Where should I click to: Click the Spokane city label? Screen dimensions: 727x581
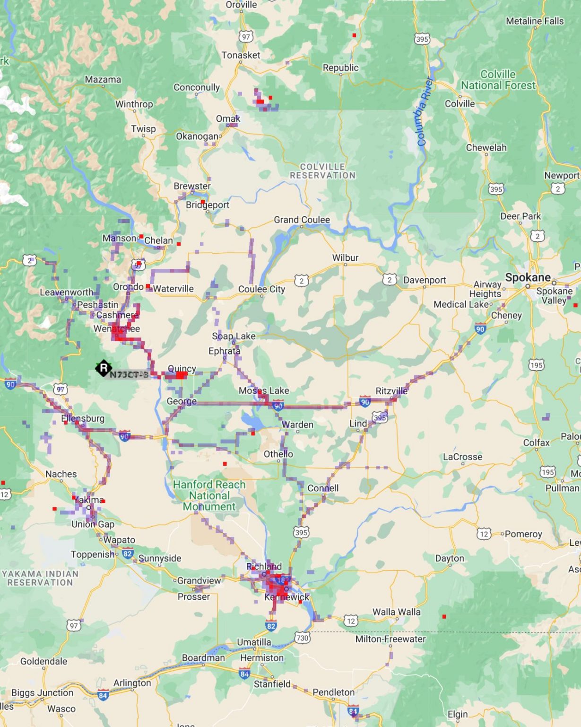(x=528, y=277)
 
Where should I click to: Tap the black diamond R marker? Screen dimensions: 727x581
(x=104, y=368)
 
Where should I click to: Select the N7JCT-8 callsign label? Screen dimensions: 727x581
(x=129, y=375)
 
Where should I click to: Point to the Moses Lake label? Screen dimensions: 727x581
(x=264, y=390)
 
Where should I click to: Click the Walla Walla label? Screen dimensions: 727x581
(x=396, y=612)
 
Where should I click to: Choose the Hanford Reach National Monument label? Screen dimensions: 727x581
(x=209, y=496)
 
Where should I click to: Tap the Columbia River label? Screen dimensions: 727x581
(x=425, y=112)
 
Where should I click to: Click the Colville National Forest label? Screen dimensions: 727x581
(x=498, y=80)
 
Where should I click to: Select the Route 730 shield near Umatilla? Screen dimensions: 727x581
(x=302, y=638)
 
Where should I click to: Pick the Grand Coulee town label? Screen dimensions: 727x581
(x=302, y=220)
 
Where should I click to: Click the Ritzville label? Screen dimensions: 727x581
(x=391, y=391)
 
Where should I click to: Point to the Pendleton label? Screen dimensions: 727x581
(x=333, y=692)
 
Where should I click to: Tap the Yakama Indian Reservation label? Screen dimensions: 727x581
(x=40, y=578)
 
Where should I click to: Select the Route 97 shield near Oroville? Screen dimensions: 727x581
(x=246, y=37)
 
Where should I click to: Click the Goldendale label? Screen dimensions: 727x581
(x=43, y=661)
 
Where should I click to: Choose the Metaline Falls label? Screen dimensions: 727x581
(x=535, y=21)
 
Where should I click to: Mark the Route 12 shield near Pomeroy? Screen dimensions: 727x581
(x=484, y=534)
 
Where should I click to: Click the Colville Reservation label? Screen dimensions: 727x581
(x=322, y=171)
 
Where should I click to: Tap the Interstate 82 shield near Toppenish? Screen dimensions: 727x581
(x=127, y=553)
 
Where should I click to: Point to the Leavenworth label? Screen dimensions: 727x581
(x=67, y=292)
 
